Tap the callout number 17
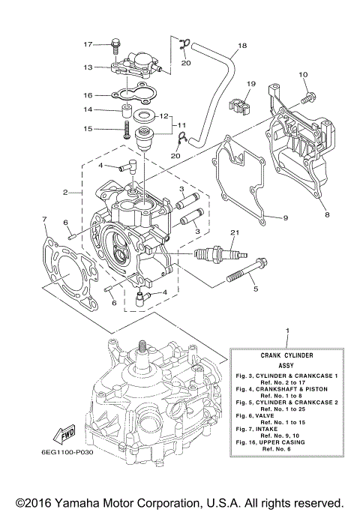(88, 45)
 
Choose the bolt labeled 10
(307, 97)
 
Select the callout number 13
(88, 67)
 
